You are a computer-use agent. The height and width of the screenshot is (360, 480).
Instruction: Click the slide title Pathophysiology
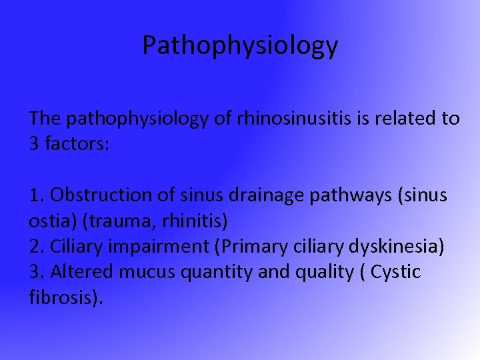(x=240, y=45)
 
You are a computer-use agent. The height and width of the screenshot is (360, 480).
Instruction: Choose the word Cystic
(x=395, y=272)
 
